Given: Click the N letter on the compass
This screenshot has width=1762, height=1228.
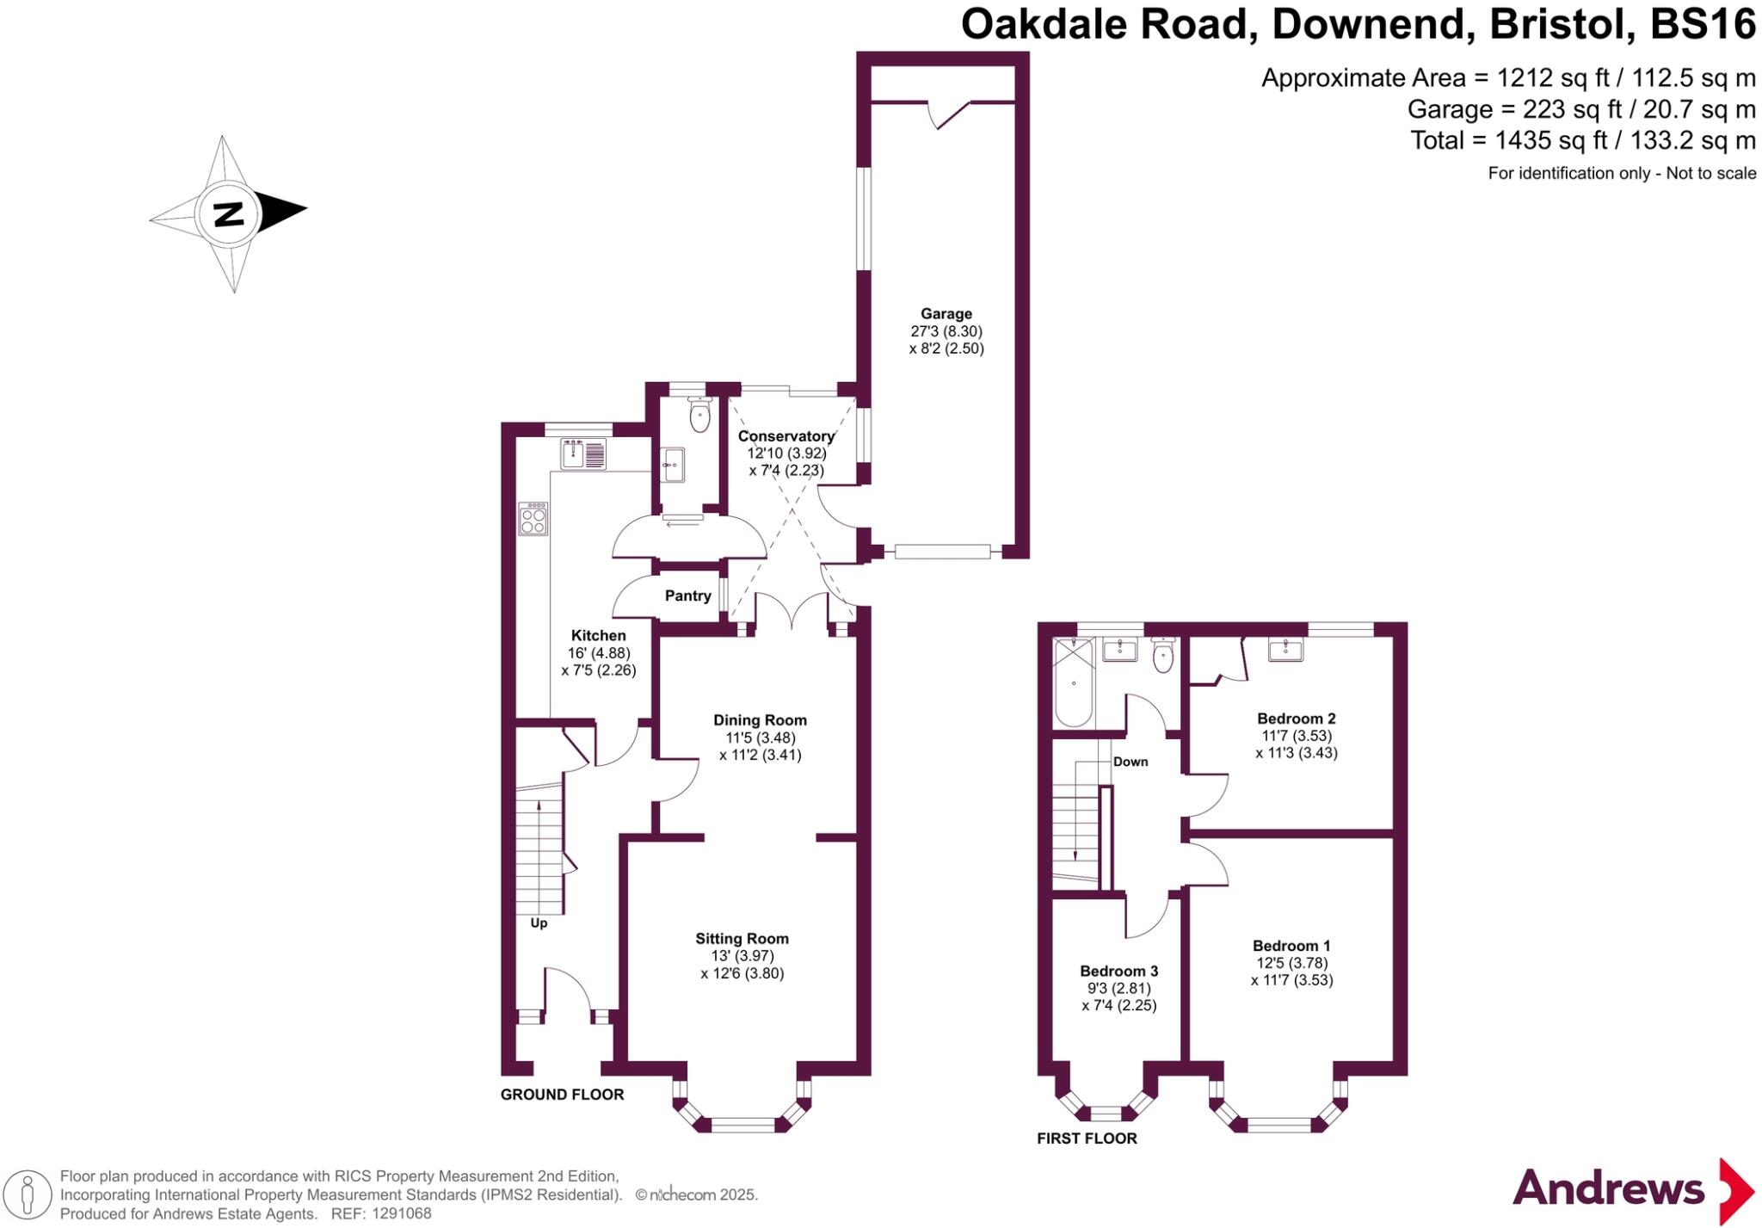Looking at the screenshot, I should pyautogui.click(x=229, y=213).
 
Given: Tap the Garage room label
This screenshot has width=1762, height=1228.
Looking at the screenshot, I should pyautogui.click(x=946, y=314).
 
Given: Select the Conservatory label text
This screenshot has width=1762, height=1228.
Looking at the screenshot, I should pyautogui.click(x=786, y=436).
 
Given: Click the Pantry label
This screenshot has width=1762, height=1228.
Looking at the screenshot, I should pyautogui.click(x=687, y=595).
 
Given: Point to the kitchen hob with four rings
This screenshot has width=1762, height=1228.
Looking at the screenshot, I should pyautogui.click(x=533, y=520).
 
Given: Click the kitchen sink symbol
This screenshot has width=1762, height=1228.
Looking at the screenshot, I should pyautogui.click(x=583, y=453).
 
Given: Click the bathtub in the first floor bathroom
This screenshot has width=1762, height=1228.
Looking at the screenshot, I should pyautogui.click(x=1074, y=683).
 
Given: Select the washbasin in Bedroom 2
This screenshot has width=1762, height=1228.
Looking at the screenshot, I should pyautogui.click(x=1285, y=650).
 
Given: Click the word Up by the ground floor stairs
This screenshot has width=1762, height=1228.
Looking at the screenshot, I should pyautogui.click(x=539, y=923).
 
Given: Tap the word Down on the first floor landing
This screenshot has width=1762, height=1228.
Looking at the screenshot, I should pyautogui.click(x=1131, y=762).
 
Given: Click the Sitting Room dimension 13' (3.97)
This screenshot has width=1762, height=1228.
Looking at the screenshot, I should pyautogui.click(x=742, y=956).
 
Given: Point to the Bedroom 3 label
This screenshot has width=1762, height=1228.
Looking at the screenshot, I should pyautogui.click(x=1118, y=971).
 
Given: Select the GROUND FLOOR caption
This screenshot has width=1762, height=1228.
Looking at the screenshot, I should pyautogui.click(x=562, y=1095).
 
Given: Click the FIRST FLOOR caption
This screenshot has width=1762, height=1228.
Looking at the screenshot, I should pyautogui.click(x=1087, y=1139).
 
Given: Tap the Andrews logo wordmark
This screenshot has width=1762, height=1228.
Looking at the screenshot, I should pyautogui.click(x=1608, y=1190).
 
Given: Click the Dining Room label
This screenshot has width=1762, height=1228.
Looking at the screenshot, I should pyautogui.click(x=760, y=720).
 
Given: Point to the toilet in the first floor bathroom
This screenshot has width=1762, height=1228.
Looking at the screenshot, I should pyautogui.click(x=1162, y=657).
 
